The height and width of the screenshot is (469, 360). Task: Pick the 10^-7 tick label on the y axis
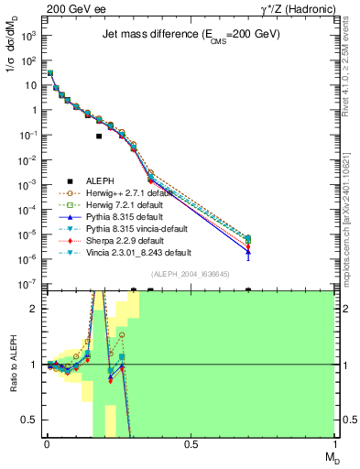click(x=27, y=284)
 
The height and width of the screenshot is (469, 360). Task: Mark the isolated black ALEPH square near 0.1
click(x=99, y=136)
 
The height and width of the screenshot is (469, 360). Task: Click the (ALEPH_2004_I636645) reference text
click(x=190, y=273)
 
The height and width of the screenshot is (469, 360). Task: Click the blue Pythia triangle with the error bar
click(x=248, y=252)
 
